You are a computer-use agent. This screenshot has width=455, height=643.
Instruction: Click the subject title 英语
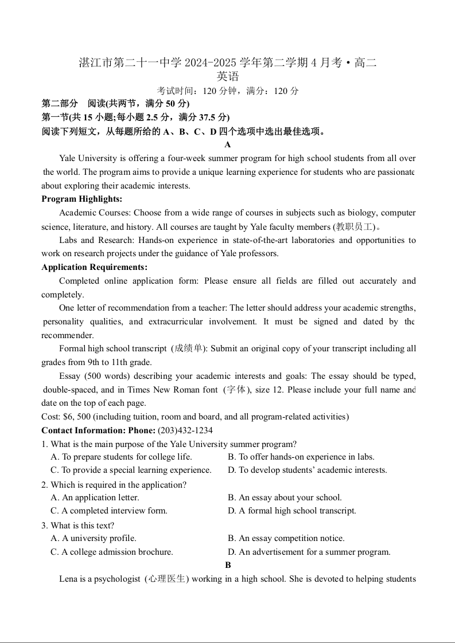click(228, 76)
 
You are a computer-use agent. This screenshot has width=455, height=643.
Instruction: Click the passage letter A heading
click(228, 144)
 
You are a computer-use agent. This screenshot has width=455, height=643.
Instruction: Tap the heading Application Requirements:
click(94, 267)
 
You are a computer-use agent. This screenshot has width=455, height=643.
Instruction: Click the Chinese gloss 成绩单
click(189, 348)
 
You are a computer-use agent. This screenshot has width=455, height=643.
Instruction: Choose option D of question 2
click(291, 511)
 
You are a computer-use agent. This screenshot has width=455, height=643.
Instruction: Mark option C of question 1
click(131, 470)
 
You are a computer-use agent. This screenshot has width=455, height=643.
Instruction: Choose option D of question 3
click(309, 552)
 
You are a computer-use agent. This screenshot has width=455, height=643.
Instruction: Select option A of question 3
click(94, 538)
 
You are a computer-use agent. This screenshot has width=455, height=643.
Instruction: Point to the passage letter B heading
click(228, 565)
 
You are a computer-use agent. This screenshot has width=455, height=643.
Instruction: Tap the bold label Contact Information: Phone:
click(98, 430)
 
